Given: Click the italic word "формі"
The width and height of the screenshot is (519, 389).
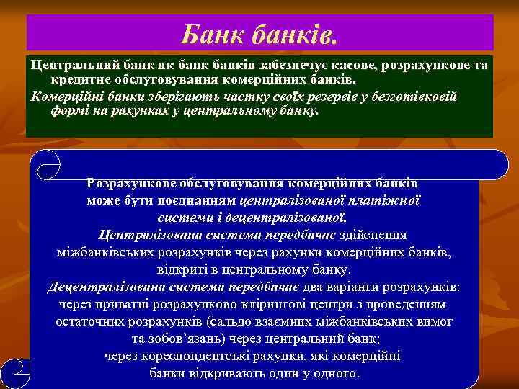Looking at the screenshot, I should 68,110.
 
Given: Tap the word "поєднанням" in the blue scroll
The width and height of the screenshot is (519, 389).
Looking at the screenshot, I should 200,200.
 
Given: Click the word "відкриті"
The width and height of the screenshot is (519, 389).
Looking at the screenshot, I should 180,270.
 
